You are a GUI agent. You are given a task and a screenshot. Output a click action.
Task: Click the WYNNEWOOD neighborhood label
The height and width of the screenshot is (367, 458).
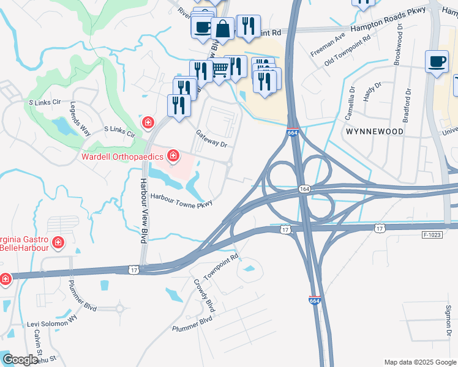[375, 132]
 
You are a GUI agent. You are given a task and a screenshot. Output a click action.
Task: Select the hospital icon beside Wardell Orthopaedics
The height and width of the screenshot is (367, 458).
[173, 156]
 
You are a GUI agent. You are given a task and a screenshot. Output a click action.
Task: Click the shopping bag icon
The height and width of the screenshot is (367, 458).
[223, 28]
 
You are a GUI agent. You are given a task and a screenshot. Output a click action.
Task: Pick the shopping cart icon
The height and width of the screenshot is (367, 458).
[220, 70]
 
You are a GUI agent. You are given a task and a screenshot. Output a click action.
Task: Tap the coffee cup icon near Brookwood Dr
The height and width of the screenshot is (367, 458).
[437, 62]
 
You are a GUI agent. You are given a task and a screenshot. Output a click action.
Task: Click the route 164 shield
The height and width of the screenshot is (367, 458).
[304, 190]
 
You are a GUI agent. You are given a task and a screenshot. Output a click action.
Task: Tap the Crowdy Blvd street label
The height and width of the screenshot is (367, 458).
[204, 294]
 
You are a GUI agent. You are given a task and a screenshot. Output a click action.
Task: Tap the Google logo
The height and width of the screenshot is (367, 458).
[20, 360]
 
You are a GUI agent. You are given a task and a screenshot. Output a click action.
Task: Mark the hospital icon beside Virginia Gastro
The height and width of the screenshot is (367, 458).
[58, 243]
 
